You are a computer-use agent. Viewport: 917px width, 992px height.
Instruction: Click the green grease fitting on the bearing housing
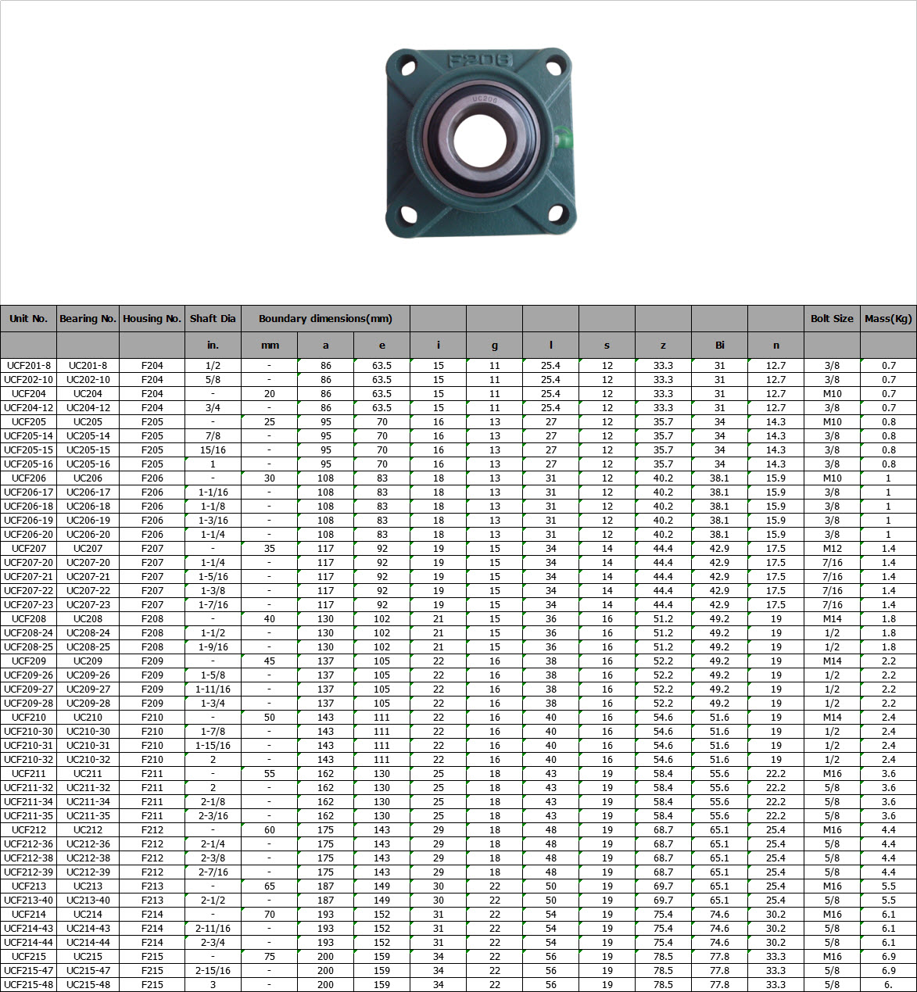[x=563, y=138]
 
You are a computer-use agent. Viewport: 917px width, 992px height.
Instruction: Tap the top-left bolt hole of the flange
[x=408, y=68]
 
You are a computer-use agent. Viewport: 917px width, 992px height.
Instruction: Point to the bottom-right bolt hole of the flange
[x=556, y=213]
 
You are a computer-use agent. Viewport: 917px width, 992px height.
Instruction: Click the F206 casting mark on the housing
[x=480, y=61]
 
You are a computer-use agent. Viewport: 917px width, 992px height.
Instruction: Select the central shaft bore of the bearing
[x=480, y=141]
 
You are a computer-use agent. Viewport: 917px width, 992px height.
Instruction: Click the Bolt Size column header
[x=832, y=318]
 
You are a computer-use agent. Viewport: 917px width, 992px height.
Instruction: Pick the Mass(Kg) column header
[x=888, y=318]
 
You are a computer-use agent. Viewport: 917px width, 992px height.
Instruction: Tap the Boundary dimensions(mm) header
[x=325, y=318]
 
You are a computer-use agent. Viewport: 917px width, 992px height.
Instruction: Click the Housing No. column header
[x=152, y=318]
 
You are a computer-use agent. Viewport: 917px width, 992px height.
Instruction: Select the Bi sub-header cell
[x=719, y=345]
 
